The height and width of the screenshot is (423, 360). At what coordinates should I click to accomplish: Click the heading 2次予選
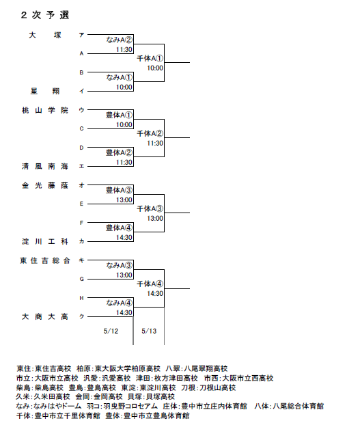(45, 15)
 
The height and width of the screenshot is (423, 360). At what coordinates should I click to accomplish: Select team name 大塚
(45, 35)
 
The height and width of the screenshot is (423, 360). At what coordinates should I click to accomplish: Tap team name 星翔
(45, 91)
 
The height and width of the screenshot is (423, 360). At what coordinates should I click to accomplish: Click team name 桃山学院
(45, 110)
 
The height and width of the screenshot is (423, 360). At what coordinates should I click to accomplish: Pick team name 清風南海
(45, 166)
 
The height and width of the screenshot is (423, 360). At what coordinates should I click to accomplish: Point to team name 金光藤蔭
(45, 185)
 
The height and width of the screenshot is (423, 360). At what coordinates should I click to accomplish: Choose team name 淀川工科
(45, 241)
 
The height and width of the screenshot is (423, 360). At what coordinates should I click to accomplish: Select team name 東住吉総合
(45, 260)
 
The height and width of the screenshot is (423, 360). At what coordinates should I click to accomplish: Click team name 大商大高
(45, 316)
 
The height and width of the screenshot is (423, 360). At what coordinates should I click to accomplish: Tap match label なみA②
(119, 40)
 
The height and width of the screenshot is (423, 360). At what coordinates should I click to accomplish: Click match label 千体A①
(150, 58)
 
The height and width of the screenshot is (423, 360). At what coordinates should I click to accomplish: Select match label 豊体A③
(119, 190)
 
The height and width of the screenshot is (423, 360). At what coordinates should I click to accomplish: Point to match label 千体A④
(150, 284)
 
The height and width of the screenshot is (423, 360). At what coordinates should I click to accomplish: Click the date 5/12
(111, 331)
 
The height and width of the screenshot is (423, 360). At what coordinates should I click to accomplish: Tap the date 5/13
(149, 331)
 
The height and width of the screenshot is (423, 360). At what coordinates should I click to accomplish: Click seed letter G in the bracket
(82, 279)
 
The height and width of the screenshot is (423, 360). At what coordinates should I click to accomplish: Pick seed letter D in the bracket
(81, 148)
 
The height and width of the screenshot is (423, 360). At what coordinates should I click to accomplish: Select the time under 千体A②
(155, 144)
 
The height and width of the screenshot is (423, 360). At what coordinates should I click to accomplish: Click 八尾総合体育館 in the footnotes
(299, 406)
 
